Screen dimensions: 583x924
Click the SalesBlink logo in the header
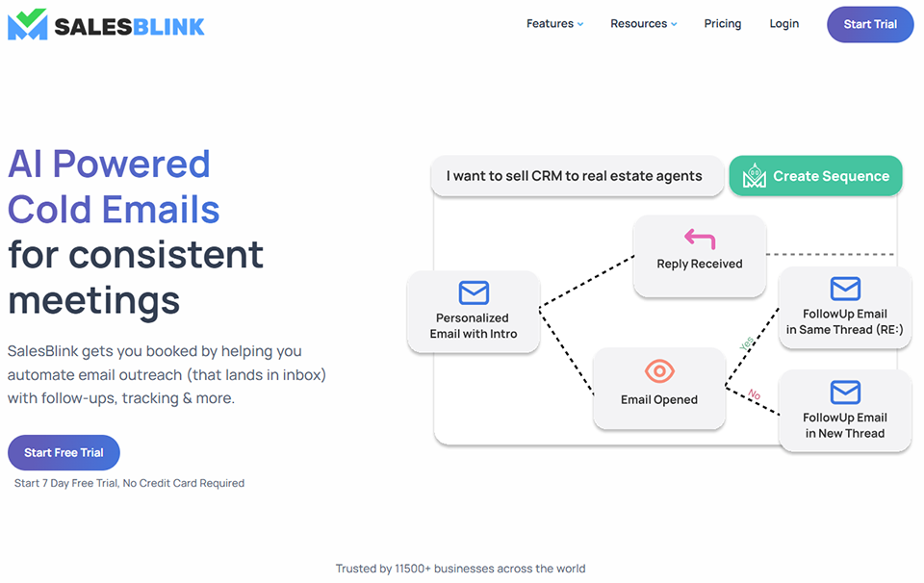point(106,25)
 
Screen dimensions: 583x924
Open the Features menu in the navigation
point(554,24)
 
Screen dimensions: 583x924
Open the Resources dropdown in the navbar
point(643,24)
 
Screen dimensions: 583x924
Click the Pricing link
point(722,24)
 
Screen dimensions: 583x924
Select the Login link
point(783,24)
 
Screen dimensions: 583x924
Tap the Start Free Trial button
point(64,452)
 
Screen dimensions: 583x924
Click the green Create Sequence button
point(815,176)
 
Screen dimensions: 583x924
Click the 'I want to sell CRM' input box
point(576,176)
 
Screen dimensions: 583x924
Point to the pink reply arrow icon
point(700,239)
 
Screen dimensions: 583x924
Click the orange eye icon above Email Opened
point(659,371)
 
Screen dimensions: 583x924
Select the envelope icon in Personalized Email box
point(474,292)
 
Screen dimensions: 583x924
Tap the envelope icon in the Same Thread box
point(845,289)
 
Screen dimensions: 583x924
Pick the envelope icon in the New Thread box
point(845,393)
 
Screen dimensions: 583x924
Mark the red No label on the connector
point(754,394)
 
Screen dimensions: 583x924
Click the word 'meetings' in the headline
point(93,299)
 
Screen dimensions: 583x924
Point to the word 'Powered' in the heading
point(132,165)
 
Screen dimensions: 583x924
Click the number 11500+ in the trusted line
point(414,569)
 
